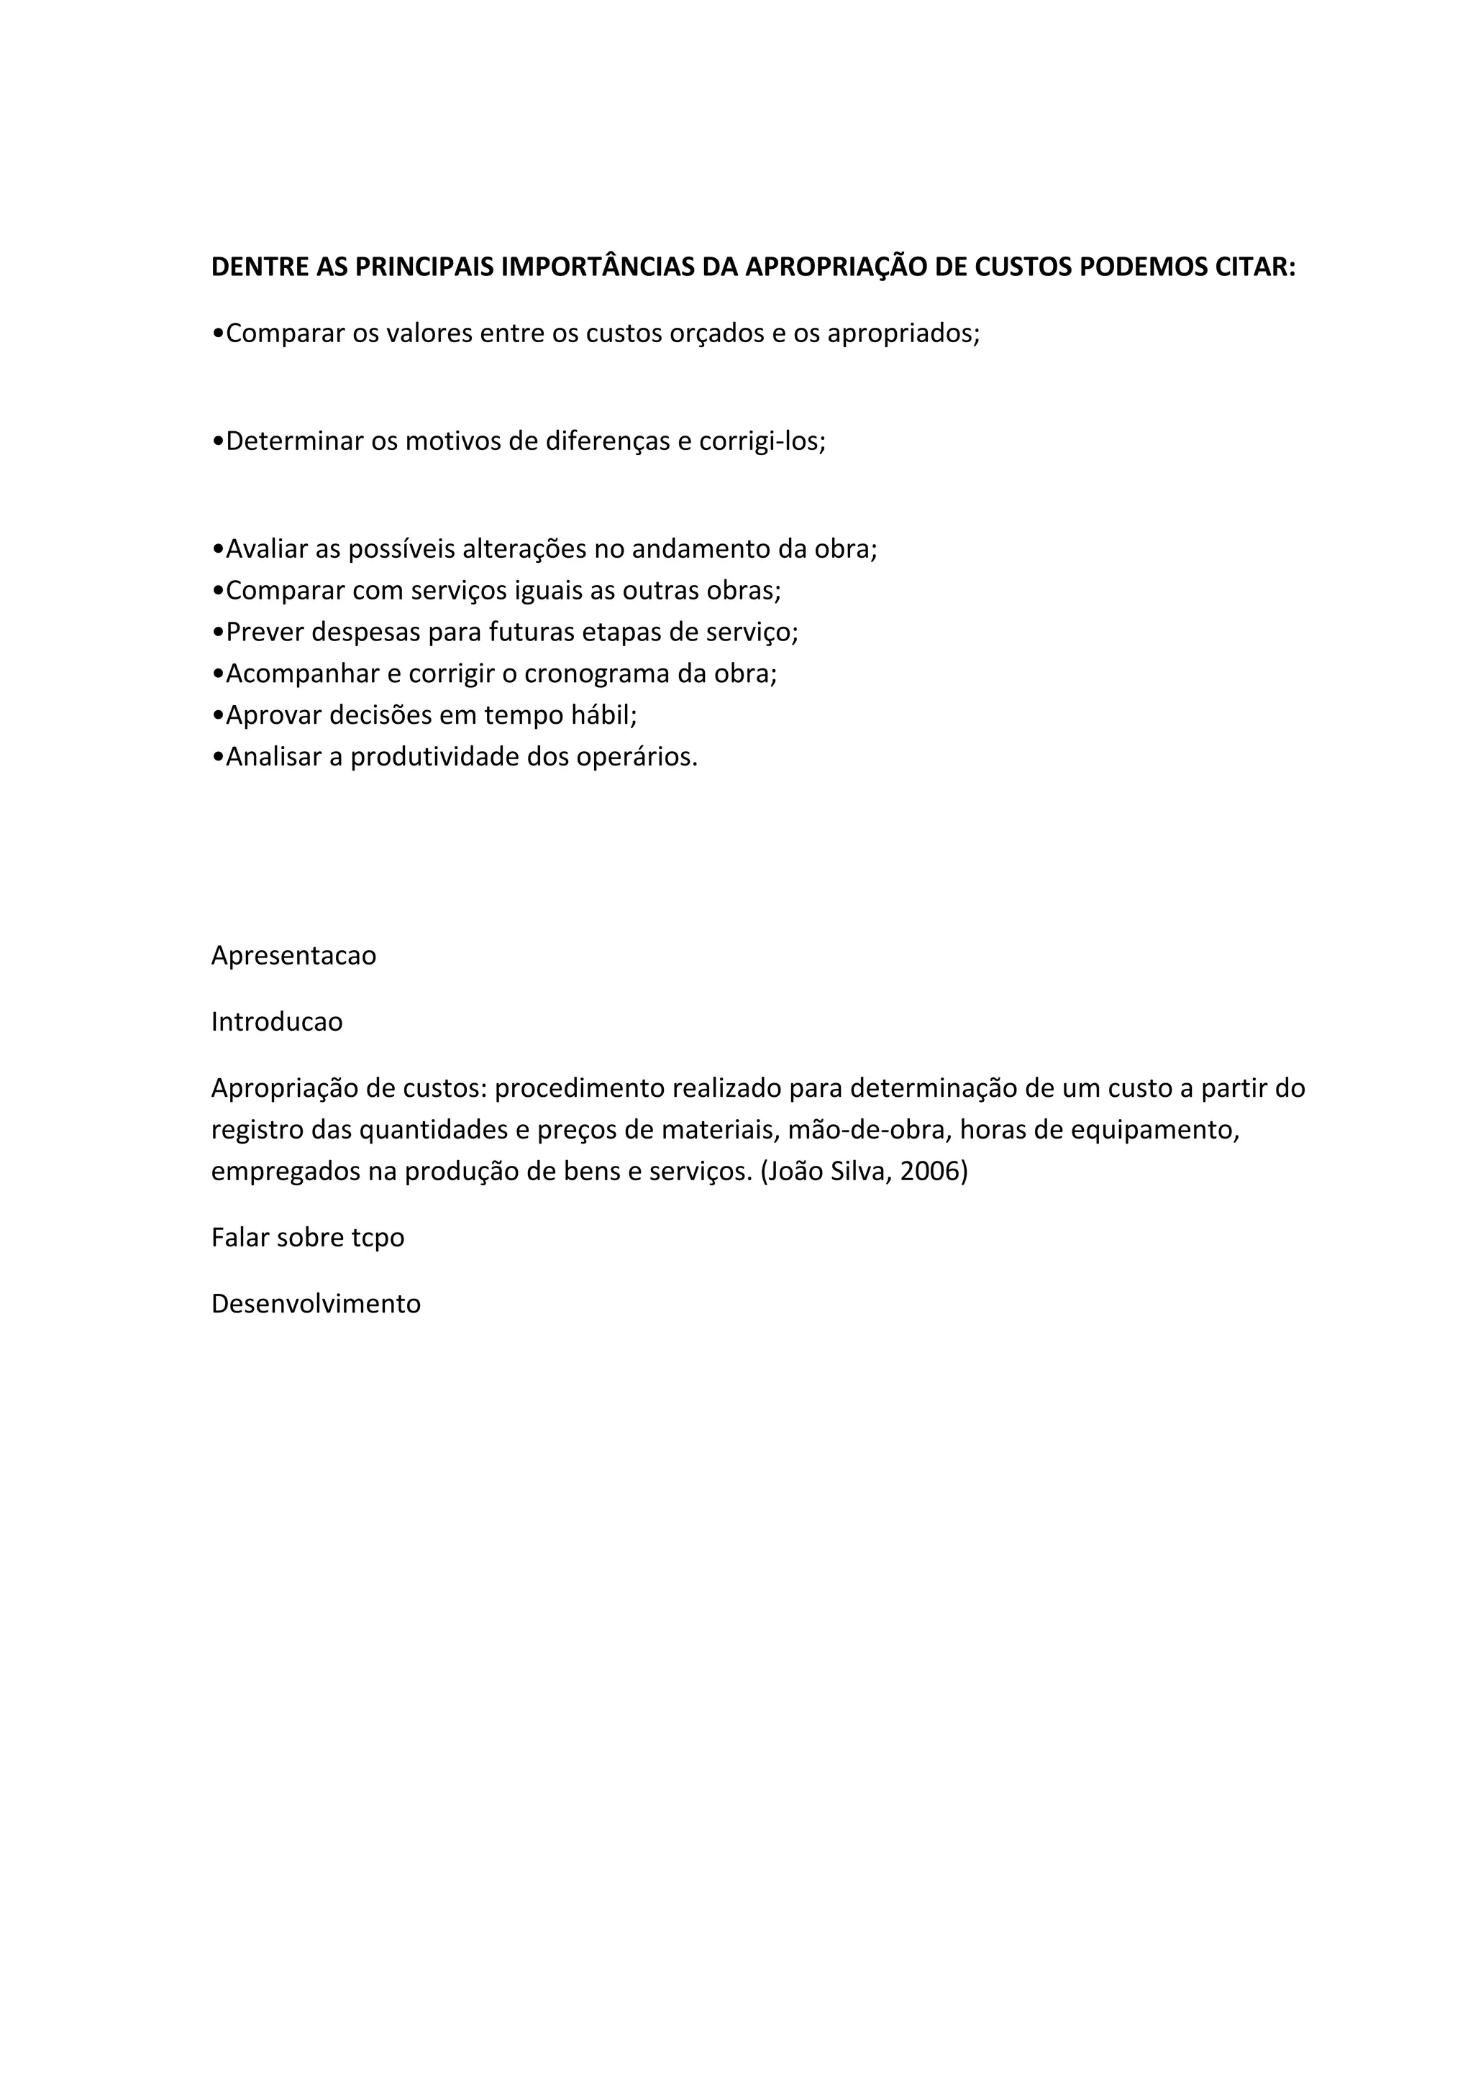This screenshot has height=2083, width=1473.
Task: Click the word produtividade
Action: (434, 757)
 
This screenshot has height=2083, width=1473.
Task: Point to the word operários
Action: (637, 757)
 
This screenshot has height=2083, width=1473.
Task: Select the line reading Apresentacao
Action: (293, 956)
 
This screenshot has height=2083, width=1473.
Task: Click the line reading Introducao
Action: (277, 1022)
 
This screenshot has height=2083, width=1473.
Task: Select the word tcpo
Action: (378, 1238)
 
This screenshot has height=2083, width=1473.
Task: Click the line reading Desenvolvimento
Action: (316, 1304)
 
